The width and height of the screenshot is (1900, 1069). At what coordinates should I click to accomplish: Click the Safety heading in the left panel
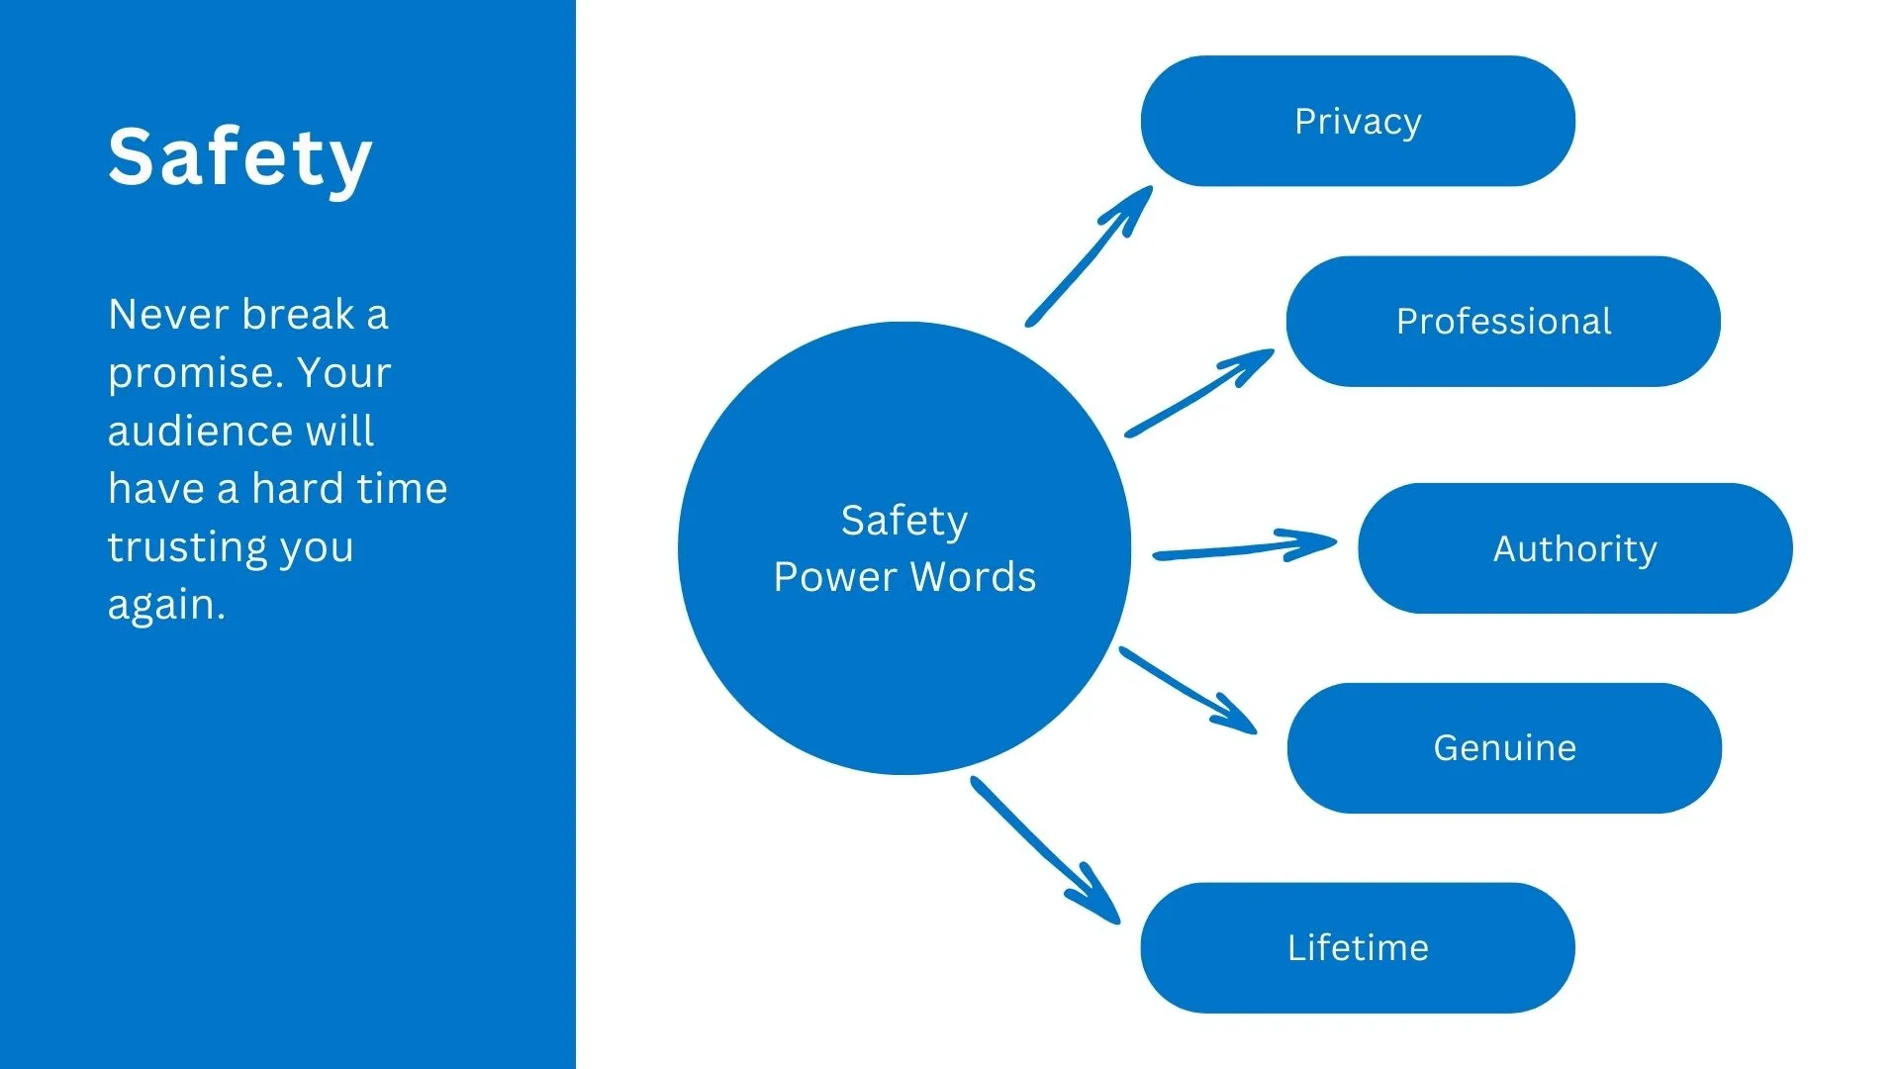click(240, 157)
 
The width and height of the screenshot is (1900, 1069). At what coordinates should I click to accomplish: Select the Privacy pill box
click(1358, 121)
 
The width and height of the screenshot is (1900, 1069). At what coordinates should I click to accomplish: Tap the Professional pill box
click(1503, 322)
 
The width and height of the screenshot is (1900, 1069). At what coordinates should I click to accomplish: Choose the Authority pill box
click(1574, 548)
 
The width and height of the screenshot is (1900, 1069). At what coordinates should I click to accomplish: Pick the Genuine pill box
click(1504, 748)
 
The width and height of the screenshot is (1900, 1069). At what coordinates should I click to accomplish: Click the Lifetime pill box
click(1358, 948)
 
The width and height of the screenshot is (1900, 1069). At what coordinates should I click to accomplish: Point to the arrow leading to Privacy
click(1089, 255)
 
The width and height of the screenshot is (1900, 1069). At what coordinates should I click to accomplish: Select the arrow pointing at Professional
click(1199, 393)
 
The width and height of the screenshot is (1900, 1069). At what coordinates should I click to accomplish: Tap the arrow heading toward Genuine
click(1187, 690)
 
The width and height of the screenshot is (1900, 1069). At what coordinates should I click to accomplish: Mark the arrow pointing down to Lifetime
click(1045, 850)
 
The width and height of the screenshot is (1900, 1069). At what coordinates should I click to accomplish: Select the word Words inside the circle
click(975, 577)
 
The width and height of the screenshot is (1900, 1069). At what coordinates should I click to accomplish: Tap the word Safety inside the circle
click(904, 521)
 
